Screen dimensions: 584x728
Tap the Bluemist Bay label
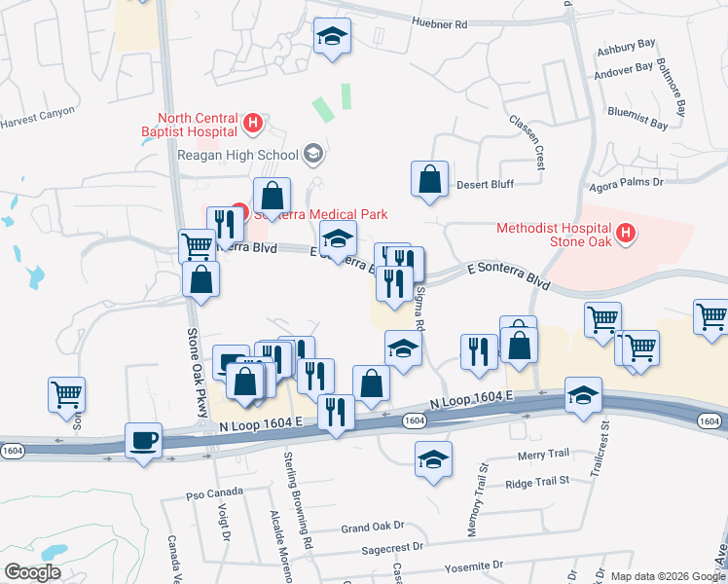pyautogui.click(x=637, y=125)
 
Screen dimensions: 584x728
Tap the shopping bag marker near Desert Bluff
pyautogui.click(x=429, y=179)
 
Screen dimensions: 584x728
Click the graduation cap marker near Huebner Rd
pyautogui.click(x=332, y=37)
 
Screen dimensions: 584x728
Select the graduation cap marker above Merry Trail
pyautogui.click(x=433, y=458)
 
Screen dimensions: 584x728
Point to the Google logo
pyautogui.click(x=32, y=572)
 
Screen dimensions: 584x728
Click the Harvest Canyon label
pyautogui.click(x=37, y=111)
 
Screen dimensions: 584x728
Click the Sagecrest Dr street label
pyautogui.click(x=392, y=548)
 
